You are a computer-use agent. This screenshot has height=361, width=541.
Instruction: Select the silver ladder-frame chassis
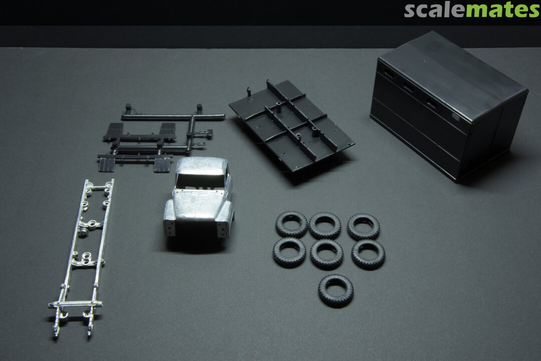[82, 257]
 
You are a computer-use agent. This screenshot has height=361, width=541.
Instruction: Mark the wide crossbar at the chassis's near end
[75, 304]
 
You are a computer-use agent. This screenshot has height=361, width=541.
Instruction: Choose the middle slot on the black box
[409, 86]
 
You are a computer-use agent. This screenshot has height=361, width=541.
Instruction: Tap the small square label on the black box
[456, 117]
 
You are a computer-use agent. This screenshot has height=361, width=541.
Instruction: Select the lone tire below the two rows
[336, 290]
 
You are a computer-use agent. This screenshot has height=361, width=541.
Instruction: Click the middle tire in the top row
[325, 226]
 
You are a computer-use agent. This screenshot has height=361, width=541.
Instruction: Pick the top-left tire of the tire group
[291, 225]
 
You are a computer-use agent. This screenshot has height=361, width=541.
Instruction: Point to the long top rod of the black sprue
[172, 117]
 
